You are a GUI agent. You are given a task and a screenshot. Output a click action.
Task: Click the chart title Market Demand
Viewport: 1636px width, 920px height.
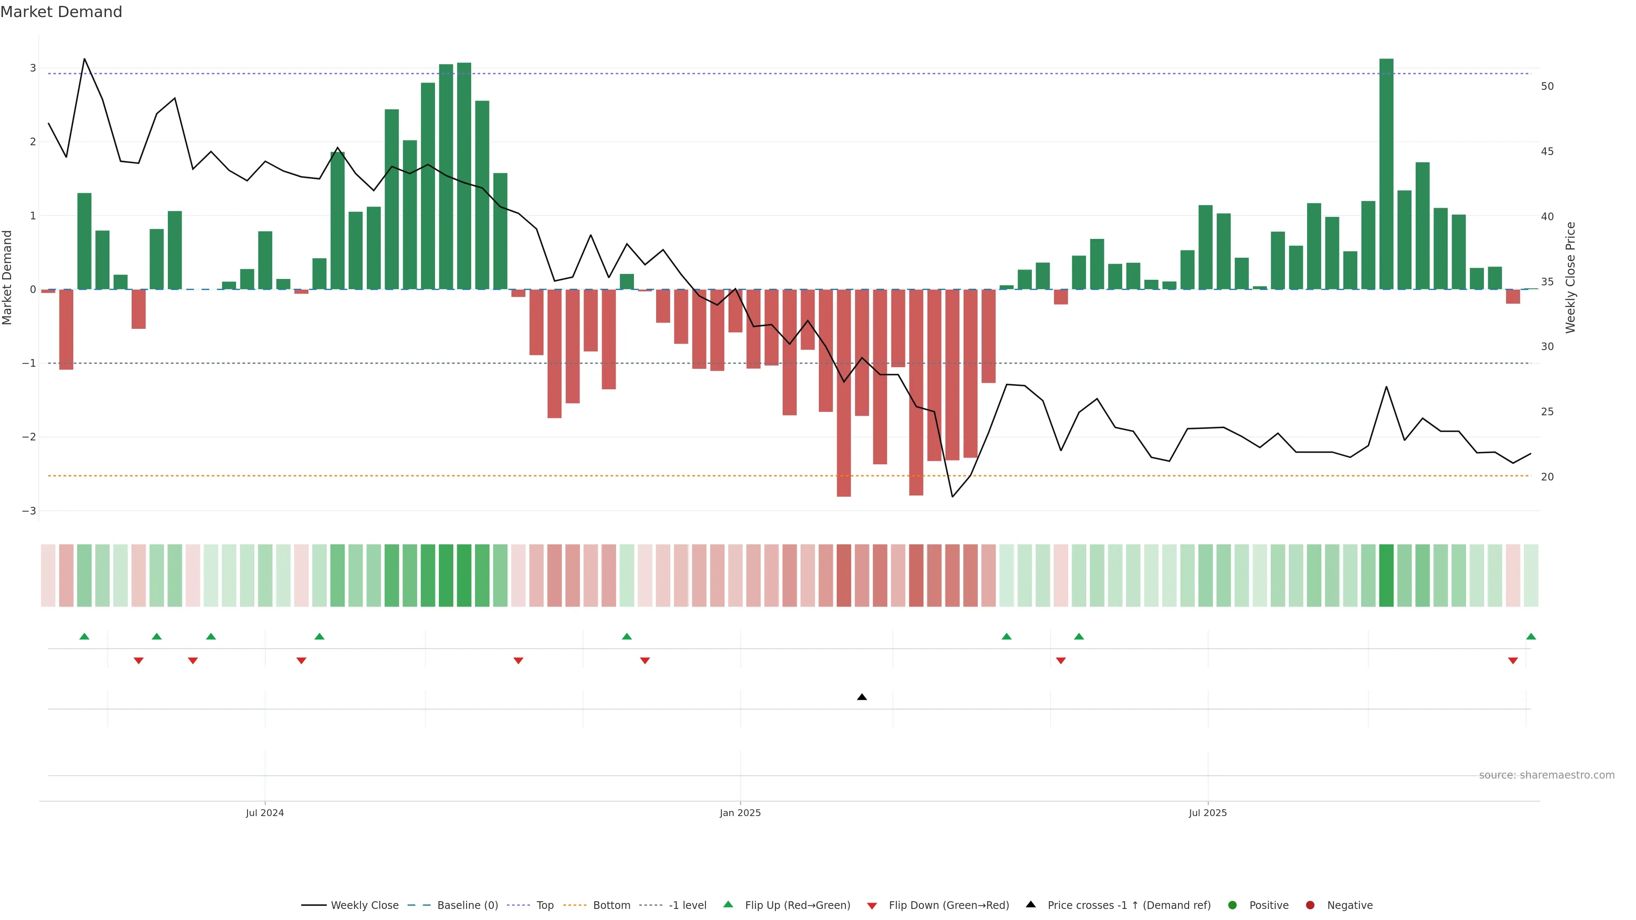coord(61,12)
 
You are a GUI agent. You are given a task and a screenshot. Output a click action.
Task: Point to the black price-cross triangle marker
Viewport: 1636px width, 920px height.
coord(862,697)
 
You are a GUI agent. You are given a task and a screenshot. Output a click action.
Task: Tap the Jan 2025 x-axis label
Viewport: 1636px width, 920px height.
coord(740,813)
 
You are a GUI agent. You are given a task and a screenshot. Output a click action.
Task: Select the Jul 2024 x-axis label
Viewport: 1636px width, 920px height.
coord(265,813)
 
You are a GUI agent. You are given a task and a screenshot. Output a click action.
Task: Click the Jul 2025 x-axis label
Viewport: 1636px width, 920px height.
coord(1207,813)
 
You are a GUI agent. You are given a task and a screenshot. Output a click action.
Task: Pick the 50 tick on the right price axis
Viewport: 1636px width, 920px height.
coord(1547,86)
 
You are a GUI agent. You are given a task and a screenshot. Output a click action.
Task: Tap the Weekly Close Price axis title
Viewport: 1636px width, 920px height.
coord(1570,277)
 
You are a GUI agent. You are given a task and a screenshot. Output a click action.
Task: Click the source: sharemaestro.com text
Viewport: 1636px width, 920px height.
coord(1547,775)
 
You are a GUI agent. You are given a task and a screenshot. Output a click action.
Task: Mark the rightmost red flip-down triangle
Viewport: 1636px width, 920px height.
coord(1513,661)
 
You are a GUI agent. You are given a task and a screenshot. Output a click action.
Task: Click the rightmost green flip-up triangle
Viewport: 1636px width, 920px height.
coord(1531,636)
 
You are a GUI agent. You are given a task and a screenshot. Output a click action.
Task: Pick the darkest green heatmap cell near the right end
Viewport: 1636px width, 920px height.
coord(1386,575)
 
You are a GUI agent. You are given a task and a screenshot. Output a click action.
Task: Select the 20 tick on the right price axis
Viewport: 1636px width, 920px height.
coord(1547,477)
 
